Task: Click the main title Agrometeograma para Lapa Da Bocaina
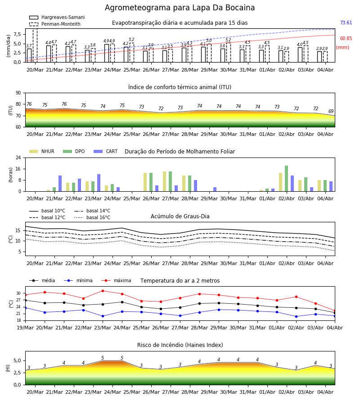click(x=180, y=8)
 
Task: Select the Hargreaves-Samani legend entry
click(x=57, y=17)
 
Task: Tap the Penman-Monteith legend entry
click(x=55, y=24)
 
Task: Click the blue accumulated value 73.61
click(x=346, y=23)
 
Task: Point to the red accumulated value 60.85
click(x=346, y=39)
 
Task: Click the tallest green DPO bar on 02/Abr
click(x=286, y=179)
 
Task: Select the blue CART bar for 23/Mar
click(x=99, y=183)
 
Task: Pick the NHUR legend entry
click(x=42, y=151)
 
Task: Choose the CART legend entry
click(x=106, y=151)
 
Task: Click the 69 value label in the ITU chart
click(x=331, y=111)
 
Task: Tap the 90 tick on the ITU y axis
click(x=18, y=93)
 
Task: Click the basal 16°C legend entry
click(x=92, y=217)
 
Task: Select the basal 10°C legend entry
click(x=47, y=211)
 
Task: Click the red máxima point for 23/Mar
click(x=103, y=291)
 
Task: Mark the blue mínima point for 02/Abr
click(x=296, y=316)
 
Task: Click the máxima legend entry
click(x=117, y=280)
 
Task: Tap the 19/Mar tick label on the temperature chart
click(x=25, y=328)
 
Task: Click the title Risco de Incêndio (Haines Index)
click(x=180, y=345)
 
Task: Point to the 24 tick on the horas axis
click(x=18, y=157)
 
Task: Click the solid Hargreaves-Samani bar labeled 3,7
click(x=29, y=55)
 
